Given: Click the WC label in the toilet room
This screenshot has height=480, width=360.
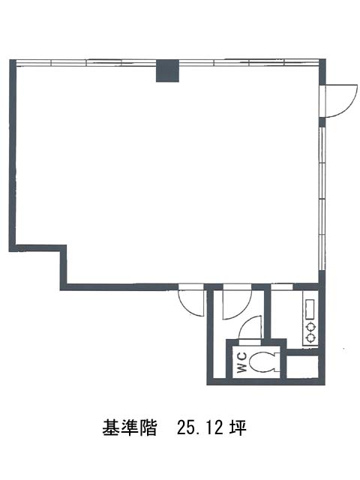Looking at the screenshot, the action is click(x=241, y=362).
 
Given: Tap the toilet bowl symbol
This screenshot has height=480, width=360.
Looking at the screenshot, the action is click(x=261, y=362).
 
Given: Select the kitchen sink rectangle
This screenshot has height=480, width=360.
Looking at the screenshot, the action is click(x=310, y=309).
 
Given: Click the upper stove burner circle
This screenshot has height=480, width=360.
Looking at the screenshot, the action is click(x=311, y=327).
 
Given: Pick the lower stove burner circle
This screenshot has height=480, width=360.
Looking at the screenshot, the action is click(x=311, y=338).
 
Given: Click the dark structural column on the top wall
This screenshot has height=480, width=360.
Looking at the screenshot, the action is click(x=167, y=70).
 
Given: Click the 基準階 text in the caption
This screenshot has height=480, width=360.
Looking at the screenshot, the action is click(x=129, y=427).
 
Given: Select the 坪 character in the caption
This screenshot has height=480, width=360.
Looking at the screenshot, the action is click(x=238, y=427).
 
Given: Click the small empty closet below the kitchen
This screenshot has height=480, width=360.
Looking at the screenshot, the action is click(x=301, y=367).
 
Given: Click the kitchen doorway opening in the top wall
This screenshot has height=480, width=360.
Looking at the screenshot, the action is click(x=282, y=286).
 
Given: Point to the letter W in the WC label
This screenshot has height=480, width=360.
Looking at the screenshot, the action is click(x=241, y=367).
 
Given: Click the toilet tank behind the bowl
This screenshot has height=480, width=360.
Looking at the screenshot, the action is click(x=277, y=362).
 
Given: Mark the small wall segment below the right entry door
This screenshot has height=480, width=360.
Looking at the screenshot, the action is click(x=322, y=122).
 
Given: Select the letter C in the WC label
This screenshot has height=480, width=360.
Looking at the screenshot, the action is click(x=241, y=357).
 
